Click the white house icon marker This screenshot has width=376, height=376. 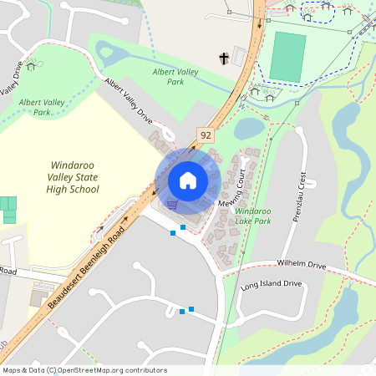coord(188,180)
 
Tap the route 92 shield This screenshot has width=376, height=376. coord(205,134)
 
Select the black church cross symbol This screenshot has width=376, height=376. coord(223,58)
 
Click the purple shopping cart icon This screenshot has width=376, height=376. coord(171,203)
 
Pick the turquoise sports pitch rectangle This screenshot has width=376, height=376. coord(288,57)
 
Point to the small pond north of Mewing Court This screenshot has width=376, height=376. coord(249,128)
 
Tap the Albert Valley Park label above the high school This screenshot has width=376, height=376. coord(40,106)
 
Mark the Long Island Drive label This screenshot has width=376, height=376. coord(270,284)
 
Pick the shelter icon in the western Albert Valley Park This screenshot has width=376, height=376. coord(31,65)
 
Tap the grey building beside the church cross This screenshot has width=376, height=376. coord(240,56)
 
